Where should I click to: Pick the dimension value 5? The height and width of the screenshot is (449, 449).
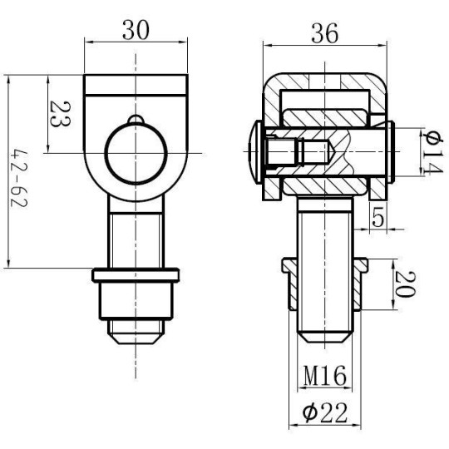pyautogui.click(x=379, y=219)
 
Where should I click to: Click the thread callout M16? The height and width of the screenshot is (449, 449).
pyautogui.click(x=324, y=376)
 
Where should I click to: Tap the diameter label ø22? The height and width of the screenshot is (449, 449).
pyautogui.click(x=323, y=411)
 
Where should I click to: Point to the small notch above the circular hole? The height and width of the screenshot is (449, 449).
pyautogui.click(x=135, y=119)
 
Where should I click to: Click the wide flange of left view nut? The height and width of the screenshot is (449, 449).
pyautogui.click(x=134, y=274)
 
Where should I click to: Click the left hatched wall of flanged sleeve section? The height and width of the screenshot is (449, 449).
pyautogui.click(x=292, y=291)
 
